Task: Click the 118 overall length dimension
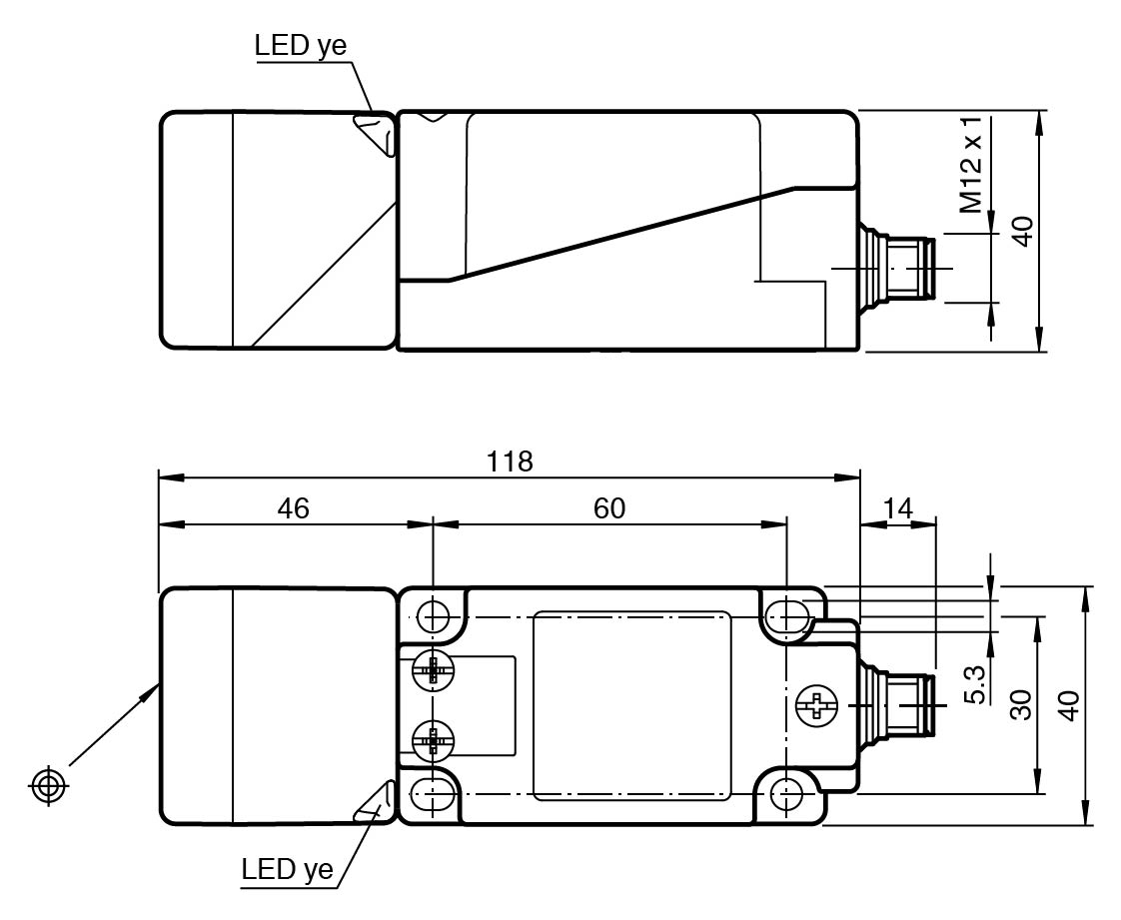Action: [x=510, y=461]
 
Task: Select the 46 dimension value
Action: [x=294, y=507]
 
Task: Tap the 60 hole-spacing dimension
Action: [x=609, y=507]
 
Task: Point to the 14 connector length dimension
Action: [x=898, y=507]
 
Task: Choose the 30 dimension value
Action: [x=1018, y=706]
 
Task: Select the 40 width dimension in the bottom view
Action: [x=1069, y=706]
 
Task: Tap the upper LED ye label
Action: [x=301, y=46]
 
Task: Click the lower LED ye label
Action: [x=287, y=869]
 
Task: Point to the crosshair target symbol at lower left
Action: [x=49, y=785]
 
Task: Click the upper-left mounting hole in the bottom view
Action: [x=434, y=617]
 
